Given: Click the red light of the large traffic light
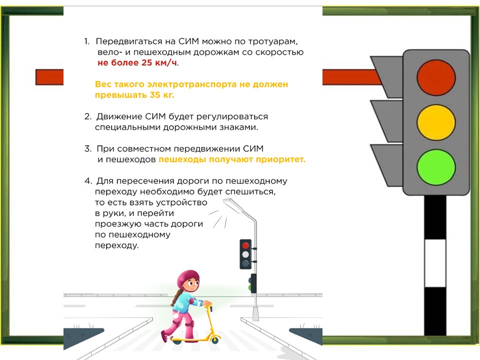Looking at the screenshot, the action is [436, 77].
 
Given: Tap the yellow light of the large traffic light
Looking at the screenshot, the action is [436, 122].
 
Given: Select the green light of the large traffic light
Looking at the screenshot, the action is [436, 167].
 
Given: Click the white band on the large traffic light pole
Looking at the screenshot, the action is [435, 263].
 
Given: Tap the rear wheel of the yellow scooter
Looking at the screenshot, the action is [177, 340].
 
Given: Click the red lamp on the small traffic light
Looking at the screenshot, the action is [245, 245].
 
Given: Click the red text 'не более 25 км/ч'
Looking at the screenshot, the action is [137, 63].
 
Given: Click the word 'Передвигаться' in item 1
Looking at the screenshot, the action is [129, 41].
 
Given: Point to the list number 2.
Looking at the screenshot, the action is [88, 116].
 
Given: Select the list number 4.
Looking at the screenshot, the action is [88, 181].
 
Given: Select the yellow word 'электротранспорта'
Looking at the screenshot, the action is [192, 84].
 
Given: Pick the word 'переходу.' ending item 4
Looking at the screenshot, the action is [116, 245].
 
